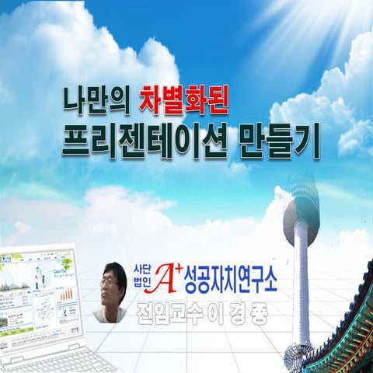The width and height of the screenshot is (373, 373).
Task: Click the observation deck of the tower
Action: tap(301, 211)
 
